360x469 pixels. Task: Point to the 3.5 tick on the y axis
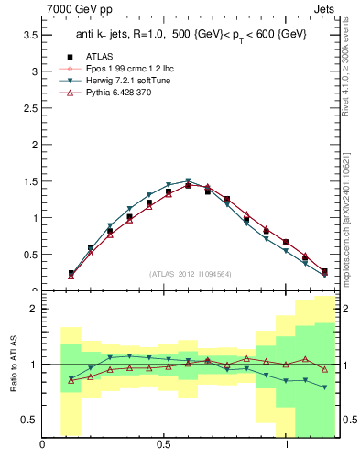[x=29, y=35]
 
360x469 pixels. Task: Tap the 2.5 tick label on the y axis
[x=29, y=108]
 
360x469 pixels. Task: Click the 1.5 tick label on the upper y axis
[x=29, y=181]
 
